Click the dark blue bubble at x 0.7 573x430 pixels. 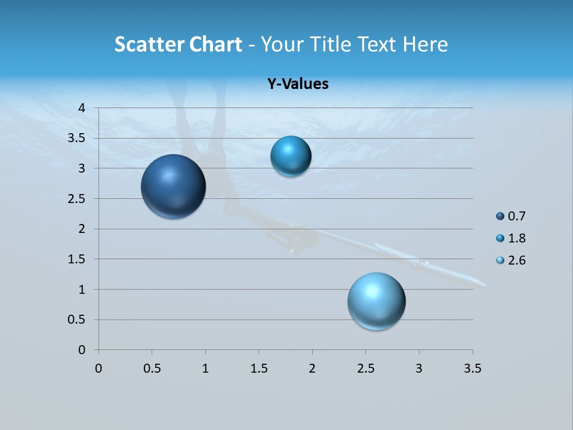click(x=174, y=186)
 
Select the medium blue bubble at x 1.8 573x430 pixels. click(x=291, y=156)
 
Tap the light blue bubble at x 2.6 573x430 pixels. click(x=377, y=301)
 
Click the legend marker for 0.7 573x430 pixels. click(x=500, y=216)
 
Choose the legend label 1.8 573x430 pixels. click(x=516, y=238)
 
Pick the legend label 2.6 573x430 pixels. click(x=516, y=260)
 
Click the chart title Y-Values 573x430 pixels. click(x=298, y=84)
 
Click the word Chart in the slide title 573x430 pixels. click(x=216, y=44)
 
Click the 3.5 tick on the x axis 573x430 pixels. click(x=472, y=368)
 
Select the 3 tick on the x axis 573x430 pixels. click(x=419, y=368)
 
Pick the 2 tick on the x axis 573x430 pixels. click(x=312, y=368)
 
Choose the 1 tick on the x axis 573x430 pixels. click(x=205, y=368)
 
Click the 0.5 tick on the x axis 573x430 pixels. click(x=152, y=368)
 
